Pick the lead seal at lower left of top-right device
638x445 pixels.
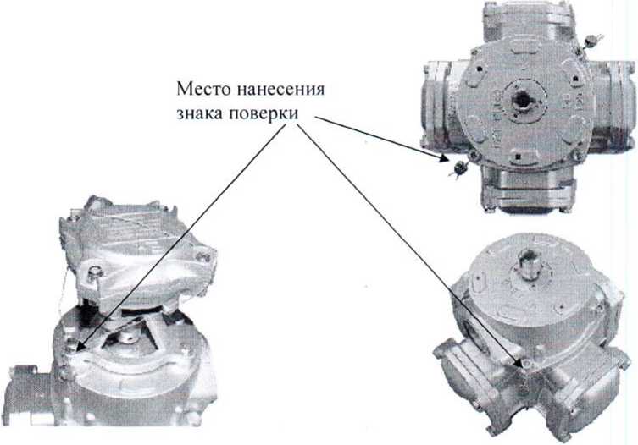[459, 167]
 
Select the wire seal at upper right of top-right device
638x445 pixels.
[592, 41]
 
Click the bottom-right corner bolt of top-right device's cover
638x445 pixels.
[576, 154]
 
